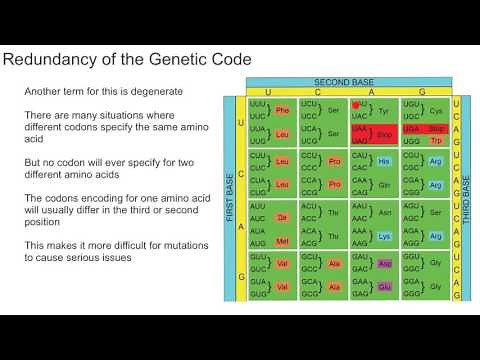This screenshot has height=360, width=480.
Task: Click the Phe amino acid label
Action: (282, 110)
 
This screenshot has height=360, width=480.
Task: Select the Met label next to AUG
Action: (282, 241)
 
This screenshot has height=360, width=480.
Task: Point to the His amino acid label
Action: (385, 161)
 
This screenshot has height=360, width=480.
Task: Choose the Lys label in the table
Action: (385, 237)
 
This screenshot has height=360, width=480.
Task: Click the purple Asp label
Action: (385, 264)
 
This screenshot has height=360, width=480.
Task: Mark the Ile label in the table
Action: (282, 217)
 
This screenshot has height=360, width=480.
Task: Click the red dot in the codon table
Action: (355, 105)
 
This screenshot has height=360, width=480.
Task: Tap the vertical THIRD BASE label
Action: (466, 199)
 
